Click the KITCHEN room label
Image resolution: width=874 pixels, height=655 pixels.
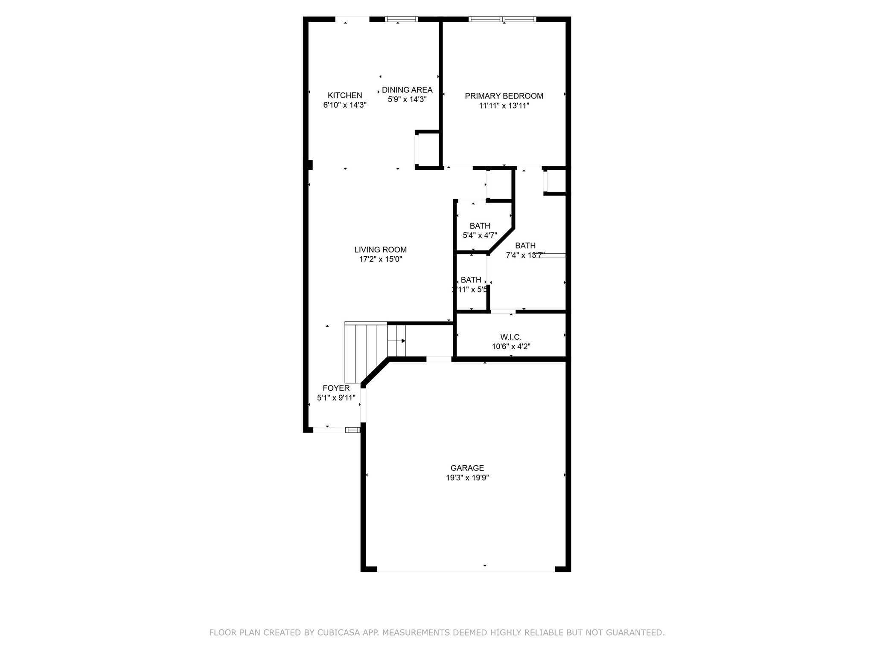click(344, 96)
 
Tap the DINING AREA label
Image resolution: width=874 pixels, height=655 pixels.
click(407, 90)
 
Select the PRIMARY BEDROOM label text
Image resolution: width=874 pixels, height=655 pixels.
click(504, 96)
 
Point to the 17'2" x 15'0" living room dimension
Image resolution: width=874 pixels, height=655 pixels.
click(380, 259)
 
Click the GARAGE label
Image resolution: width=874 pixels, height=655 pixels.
click(467, 468)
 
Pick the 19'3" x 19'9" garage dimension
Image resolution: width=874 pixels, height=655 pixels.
click(467, 478)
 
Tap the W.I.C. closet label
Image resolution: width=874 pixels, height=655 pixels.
click(510, 337)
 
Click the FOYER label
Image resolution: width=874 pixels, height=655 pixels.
click(336, 388)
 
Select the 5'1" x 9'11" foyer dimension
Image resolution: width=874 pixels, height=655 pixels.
click(336, 398)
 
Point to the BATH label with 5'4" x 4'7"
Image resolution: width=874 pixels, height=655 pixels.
click(480, 226)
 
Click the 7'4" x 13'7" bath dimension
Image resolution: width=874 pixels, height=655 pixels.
click(525, 255)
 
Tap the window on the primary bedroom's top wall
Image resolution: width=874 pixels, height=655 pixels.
click(502, 19)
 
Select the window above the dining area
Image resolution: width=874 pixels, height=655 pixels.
click(401, 19)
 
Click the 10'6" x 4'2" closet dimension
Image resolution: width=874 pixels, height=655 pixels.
click(510, 347)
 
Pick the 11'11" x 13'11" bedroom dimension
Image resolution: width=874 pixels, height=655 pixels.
click(504, 106)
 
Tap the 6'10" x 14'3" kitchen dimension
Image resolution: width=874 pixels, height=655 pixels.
click(344, 105)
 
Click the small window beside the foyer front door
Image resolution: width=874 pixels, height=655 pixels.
click(353, 430)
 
